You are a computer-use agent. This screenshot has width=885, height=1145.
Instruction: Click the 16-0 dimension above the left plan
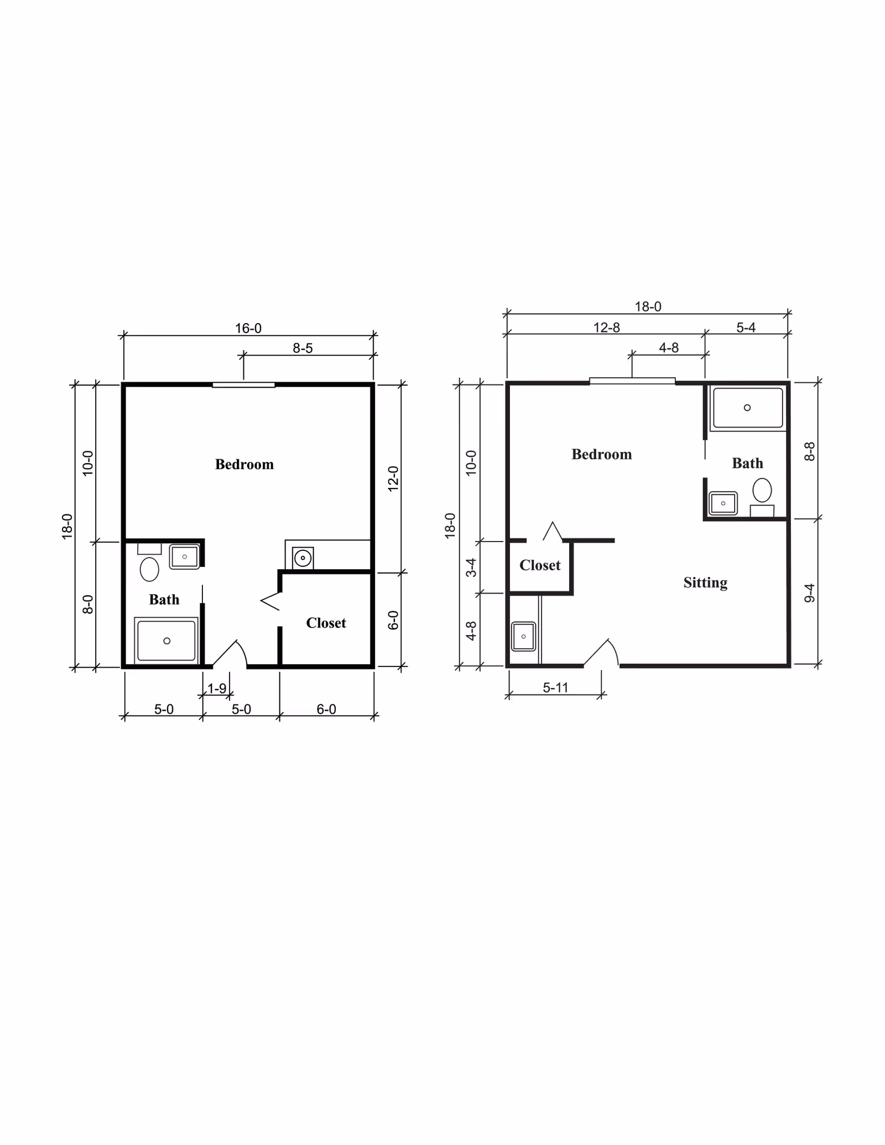[248, 329]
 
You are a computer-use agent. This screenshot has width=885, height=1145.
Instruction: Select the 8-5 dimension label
[303, 348]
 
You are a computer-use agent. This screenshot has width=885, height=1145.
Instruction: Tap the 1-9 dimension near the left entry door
[217, 689]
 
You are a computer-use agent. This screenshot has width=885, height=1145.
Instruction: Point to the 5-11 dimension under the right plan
[555, 688]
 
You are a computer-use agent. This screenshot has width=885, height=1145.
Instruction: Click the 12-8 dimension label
[606, 328]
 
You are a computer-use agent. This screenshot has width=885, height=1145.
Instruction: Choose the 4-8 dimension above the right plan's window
[668, 348]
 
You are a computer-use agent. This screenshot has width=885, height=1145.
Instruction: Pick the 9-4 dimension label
[809, 592]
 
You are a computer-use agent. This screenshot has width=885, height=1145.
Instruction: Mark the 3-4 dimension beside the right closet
[471, 568]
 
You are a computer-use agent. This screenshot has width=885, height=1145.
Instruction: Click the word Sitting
[705, 582]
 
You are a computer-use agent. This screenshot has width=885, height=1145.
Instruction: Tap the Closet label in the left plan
[326, 623]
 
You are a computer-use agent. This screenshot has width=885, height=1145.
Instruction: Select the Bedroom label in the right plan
[601, 455]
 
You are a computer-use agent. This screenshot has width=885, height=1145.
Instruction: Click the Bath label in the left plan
[164, 600]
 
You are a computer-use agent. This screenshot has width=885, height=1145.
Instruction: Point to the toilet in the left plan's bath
[149, 568]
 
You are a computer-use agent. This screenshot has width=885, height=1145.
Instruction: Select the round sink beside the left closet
[303, 558]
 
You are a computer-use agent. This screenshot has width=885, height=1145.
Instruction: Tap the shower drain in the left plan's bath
[166, 641]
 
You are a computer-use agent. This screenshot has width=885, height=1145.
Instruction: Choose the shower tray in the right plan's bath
[747, 408]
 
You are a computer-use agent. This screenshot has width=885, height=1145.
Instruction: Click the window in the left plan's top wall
[243, 385]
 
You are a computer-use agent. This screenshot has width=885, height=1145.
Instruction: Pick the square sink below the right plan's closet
[523, 637]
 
